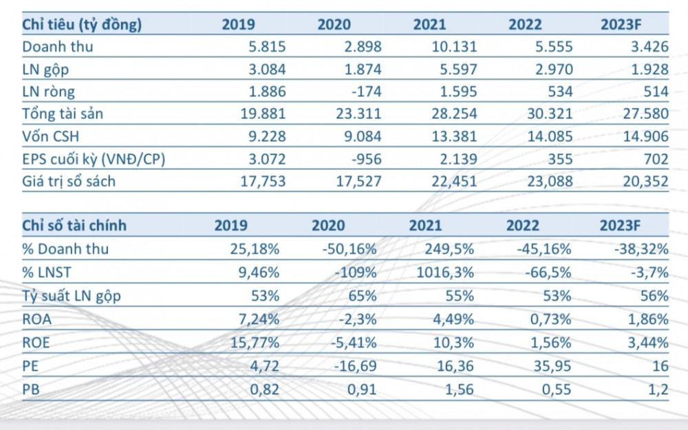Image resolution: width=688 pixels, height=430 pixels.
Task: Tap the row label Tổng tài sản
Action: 63,114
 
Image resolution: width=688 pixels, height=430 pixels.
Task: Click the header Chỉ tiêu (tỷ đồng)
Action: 82,25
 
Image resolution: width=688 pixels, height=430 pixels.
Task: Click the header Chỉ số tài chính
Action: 74,226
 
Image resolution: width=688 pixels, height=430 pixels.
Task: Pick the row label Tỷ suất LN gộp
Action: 71,296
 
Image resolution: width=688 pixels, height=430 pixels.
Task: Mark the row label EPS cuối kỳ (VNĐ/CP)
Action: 94,159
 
